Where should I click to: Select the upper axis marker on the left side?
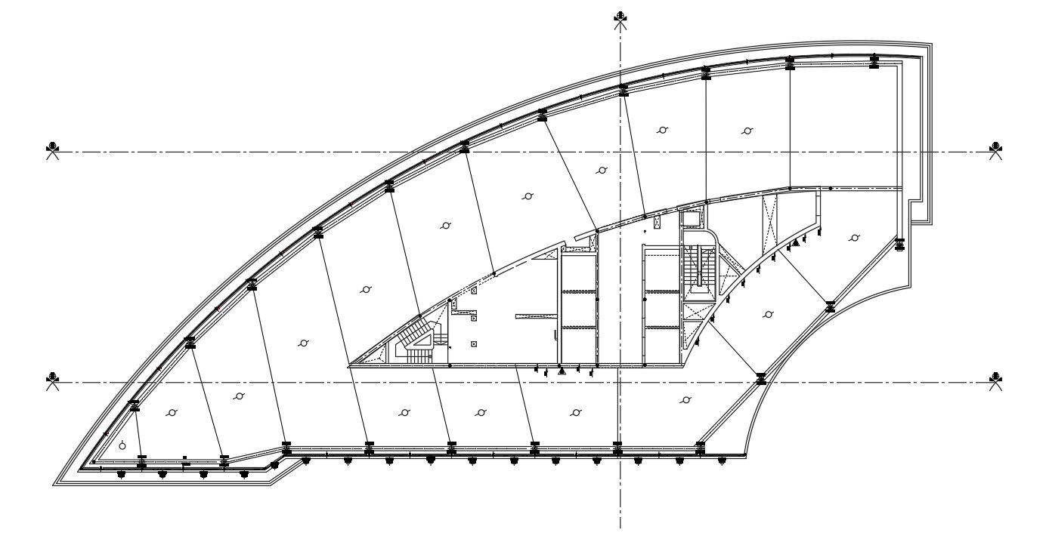(51, 148)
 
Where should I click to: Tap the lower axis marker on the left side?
(51, 378)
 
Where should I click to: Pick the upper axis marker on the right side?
(996, 148)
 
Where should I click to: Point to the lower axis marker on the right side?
(996, 378)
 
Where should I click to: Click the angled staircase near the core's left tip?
(416, 337)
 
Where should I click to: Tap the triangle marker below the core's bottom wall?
(561, 371)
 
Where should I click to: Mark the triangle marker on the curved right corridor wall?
(796, 244)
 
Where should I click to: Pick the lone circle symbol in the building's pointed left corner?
(122, 445)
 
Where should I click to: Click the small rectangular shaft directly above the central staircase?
(692, 219)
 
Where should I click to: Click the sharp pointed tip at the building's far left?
(54, 483)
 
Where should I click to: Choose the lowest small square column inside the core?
(474, 344)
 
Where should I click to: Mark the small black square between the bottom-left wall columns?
(185, 457)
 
